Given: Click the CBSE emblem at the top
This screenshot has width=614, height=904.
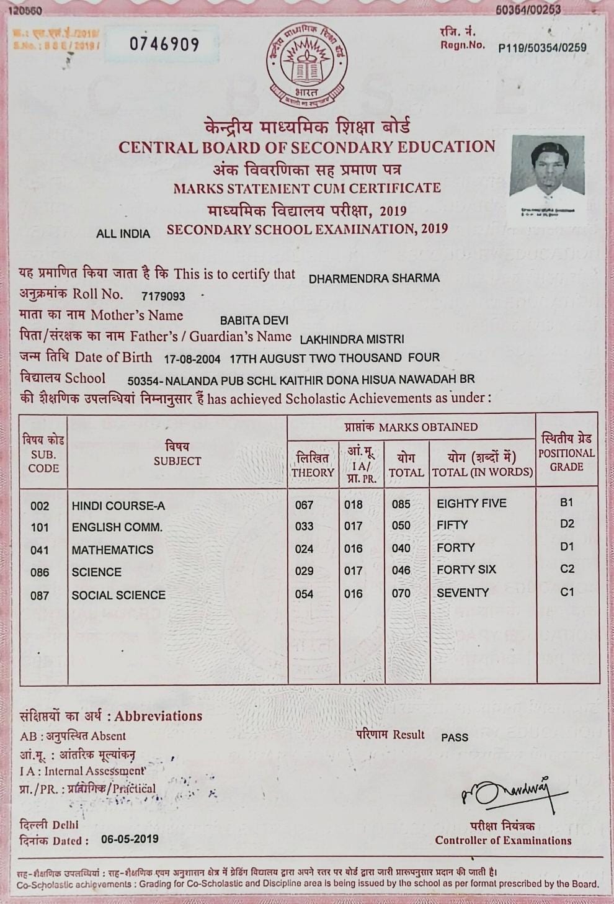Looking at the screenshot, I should tap(307, 65).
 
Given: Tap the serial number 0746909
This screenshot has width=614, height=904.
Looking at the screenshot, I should tap(164, 45).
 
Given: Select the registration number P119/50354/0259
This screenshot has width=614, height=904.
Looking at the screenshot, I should tap(542, 48).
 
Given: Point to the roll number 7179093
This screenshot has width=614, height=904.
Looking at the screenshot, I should tap(163, 297).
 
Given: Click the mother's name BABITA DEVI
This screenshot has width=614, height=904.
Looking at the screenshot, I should tap(254, 321).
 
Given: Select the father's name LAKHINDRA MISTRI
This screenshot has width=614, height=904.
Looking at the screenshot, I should tap(352, 339).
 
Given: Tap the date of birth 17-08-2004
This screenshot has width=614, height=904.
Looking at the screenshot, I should tap(192, 359).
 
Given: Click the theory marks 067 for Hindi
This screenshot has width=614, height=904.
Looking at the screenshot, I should tap(304, 505).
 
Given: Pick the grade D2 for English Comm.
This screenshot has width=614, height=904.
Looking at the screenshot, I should tap(567, 524).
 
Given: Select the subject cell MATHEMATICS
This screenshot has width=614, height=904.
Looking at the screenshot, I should tap(112, 550).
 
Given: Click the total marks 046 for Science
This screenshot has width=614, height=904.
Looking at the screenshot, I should tap(401, 571).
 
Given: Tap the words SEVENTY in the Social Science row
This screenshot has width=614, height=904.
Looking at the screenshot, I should tap(463, 593).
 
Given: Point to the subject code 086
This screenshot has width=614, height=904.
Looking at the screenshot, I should tap(40, 573).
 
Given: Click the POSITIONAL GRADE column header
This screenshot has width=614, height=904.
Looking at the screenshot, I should tap(566, 453).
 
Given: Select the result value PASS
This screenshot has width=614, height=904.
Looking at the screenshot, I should tap(455, 738).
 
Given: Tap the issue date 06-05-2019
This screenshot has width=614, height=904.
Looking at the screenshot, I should tap(130, 839).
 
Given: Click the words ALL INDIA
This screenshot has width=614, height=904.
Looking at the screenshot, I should tap(123, 234).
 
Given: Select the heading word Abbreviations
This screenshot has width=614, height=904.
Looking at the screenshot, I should tap(158, 716).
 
